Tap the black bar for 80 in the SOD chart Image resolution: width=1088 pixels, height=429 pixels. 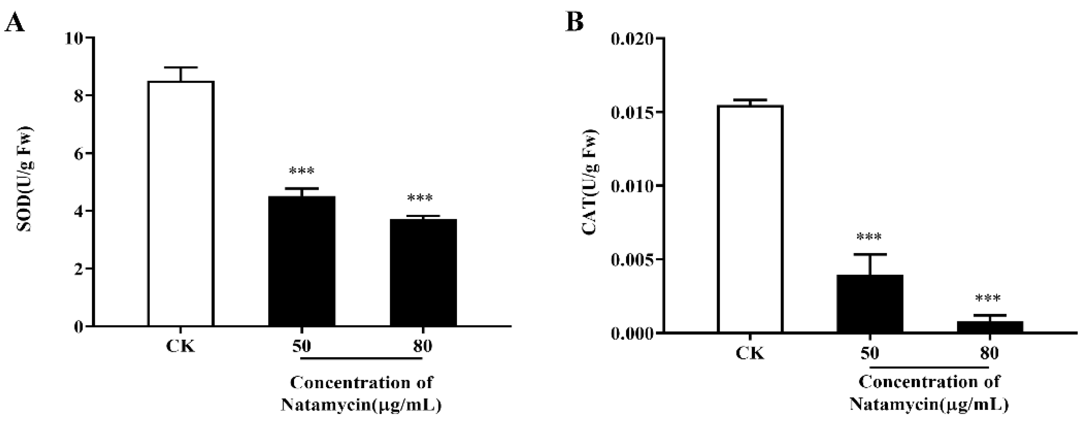point(423,273)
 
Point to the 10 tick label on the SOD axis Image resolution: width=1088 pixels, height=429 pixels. point(74,39)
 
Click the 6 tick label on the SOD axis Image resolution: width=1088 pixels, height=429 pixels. point(79,154)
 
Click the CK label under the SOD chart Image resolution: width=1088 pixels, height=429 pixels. point(181,347)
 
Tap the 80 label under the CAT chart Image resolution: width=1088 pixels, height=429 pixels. point(990,353)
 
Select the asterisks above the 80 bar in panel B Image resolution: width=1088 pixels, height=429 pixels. point(988,299)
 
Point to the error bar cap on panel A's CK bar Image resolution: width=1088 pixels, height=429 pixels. point(181,68)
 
